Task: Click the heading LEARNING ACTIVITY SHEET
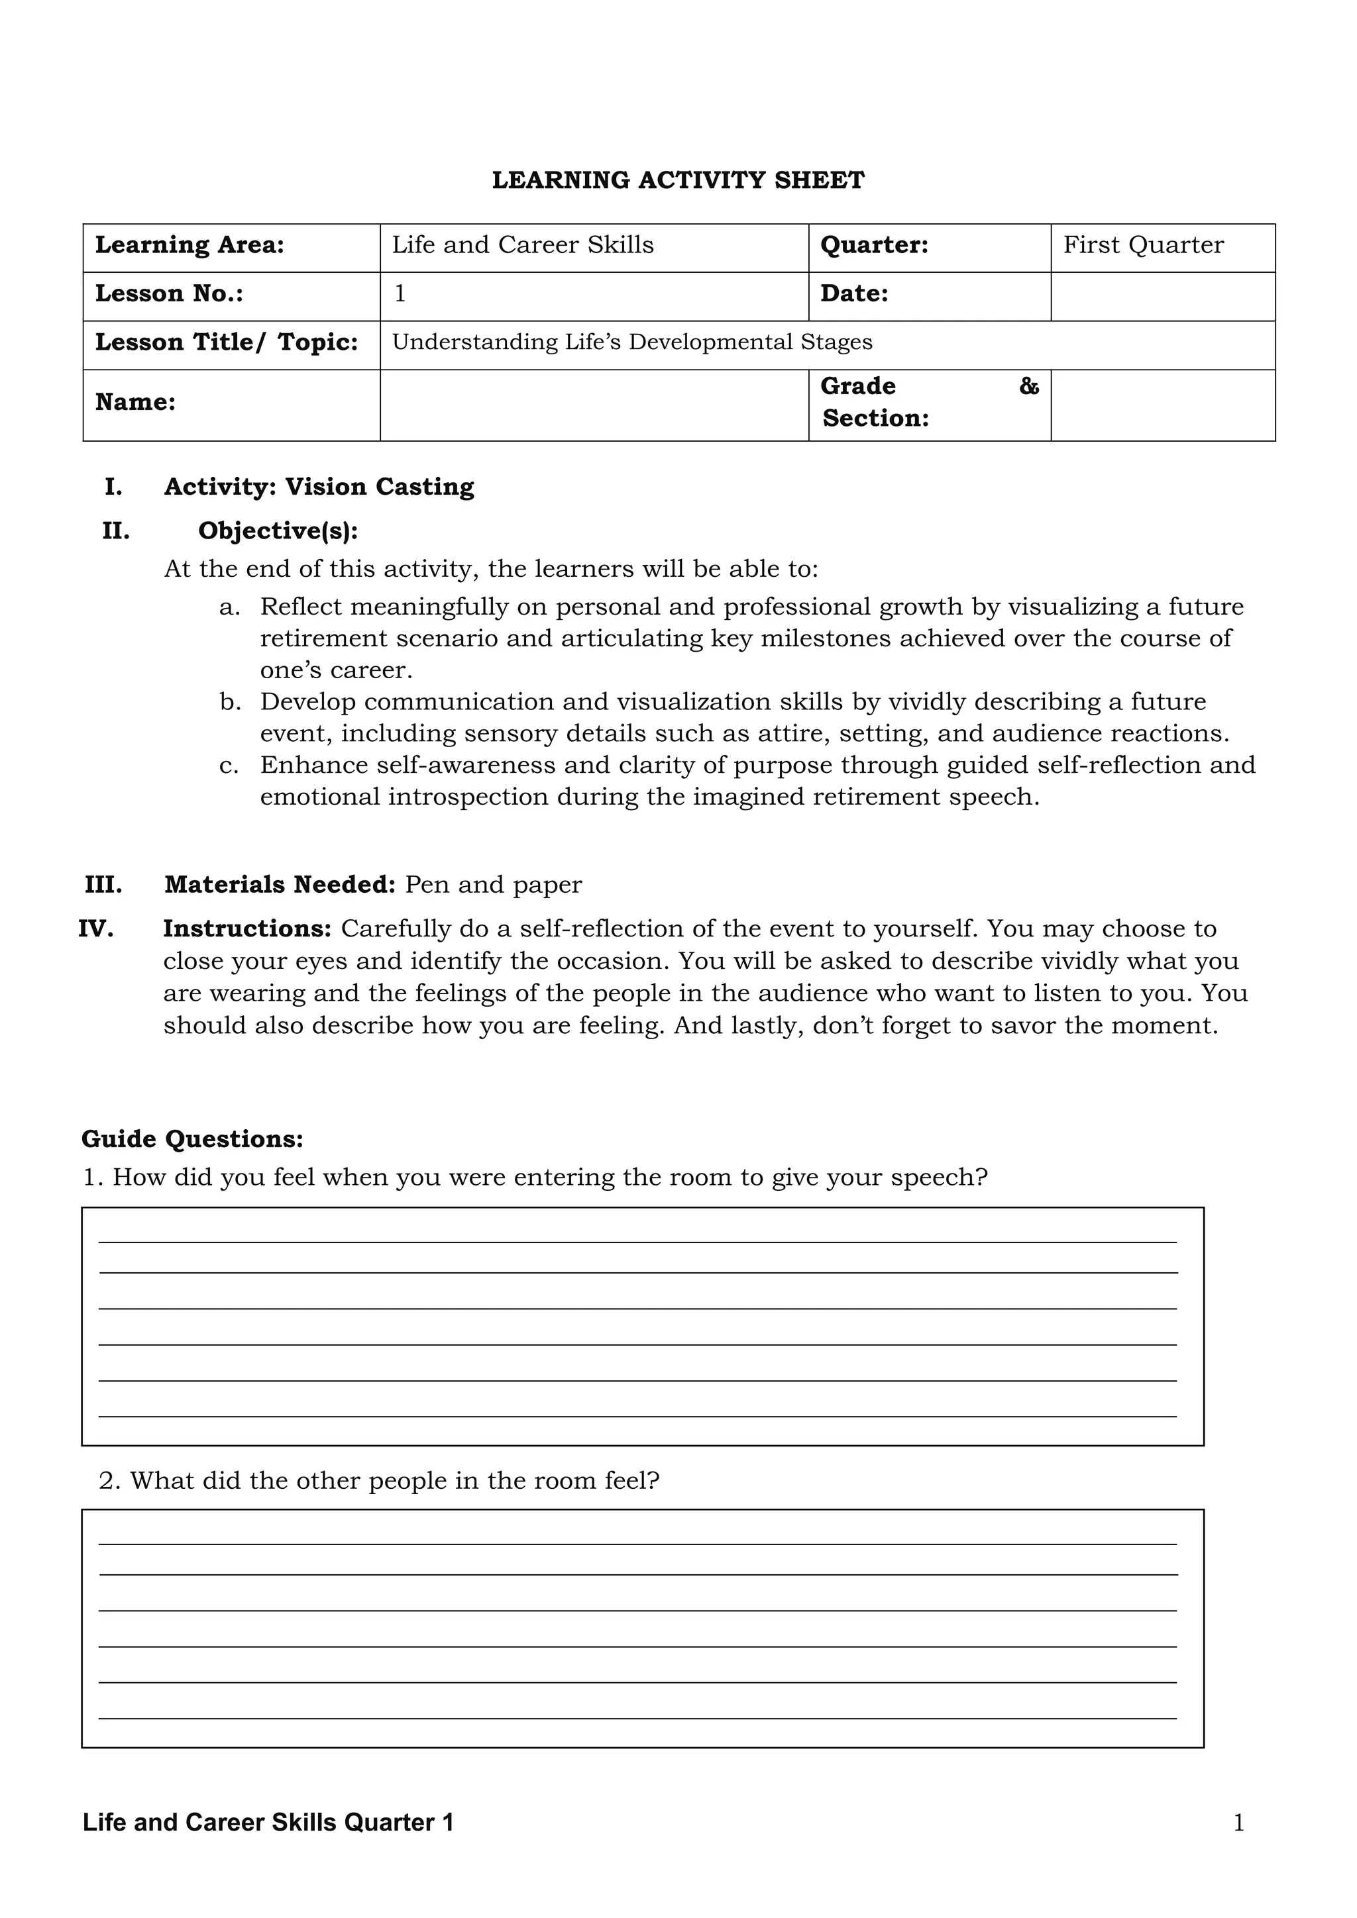[x=678, y=180]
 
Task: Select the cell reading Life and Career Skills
[x=522, y=246]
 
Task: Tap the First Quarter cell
[x=1142, y=246]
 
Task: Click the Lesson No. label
[x=170, y=294]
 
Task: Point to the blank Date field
[x=1162, y=296]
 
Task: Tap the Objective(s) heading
[x=278, y=531]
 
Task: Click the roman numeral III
[x=103, y=885]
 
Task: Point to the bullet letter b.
[x=230, y=702]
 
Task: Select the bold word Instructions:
[x=247, y=929]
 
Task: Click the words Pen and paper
[x=493, y=885]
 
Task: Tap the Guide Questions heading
[x=192, y=1139]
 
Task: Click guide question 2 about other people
[x=380, y=1481]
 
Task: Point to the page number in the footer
[x=1238, y=1823]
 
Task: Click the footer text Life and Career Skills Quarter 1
[x=268, y=1823]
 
